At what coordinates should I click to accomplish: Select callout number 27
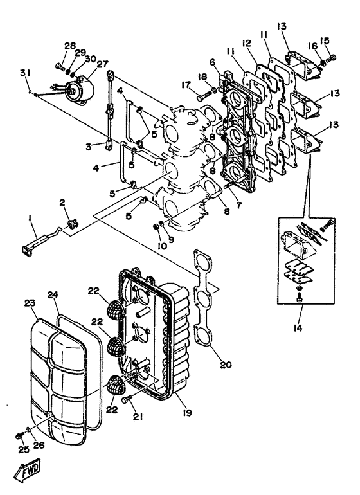[x=85, y=64]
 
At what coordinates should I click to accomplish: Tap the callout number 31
[x=24, y=71]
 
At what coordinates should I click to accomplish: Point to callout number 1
[x=30, y=218]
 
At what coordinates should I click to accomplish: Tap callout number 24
[x=52, y=294]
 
